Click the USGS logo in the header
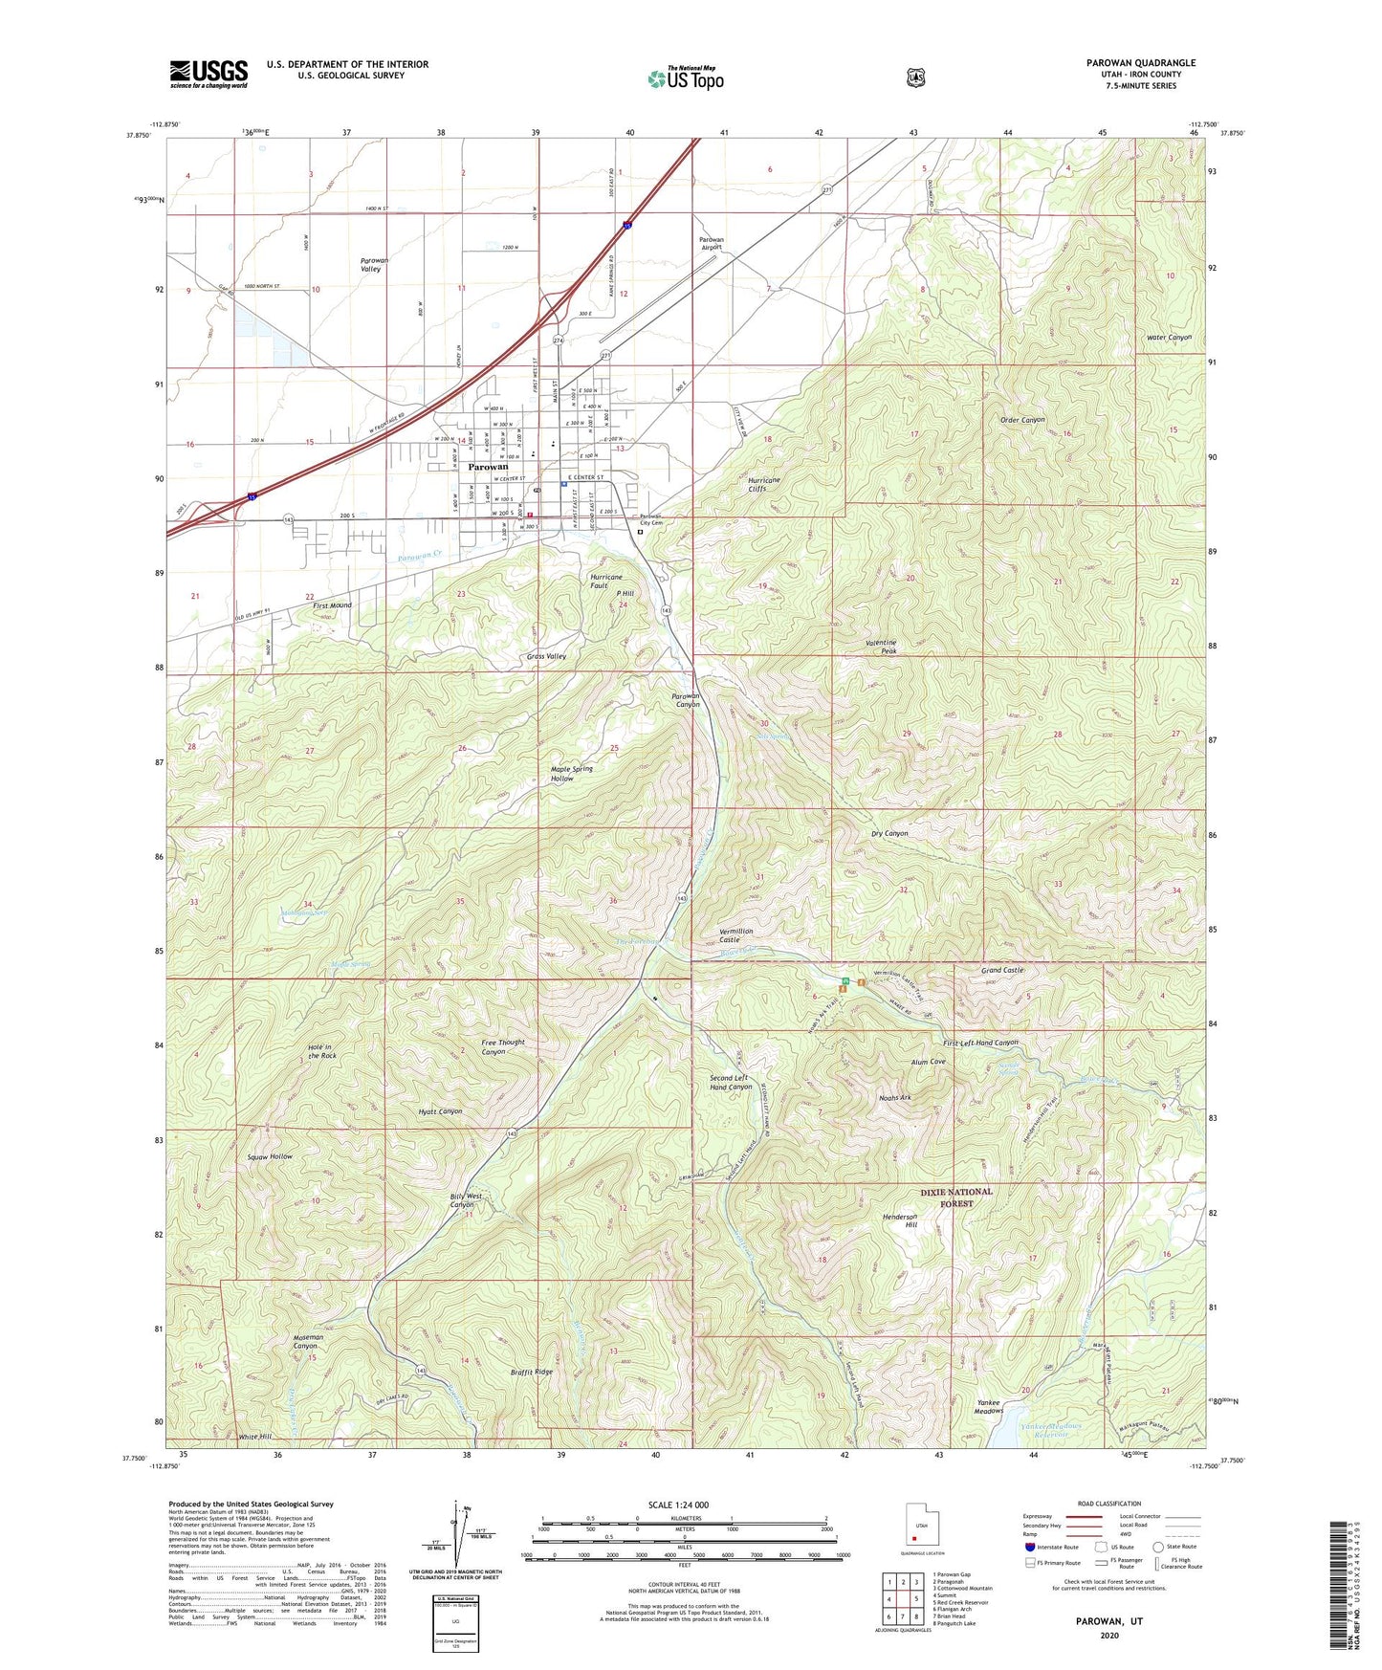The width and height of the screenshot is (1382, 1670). [x=208, y=73]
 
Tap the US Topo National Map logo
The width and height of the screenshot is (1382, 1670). [x=685, y=77]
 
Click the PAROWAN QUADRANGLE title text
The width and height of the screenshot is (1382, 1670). [x=1140, y=63]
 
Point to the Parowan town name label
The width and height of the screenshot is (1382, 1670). [x=488, y=467]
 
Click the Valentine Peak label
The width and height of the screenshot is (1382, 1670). [x=881, y=647]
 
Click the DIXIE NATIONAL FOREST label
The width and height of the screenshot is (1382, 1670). [x=956, y=1198]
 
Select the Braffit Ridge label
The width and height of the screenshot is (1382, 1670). [x=531, y=1372]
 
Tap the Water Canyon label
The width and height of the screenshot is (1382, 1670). [x=1169, y=338]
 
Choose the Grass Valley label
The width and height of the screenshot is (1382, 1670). [x=546, y=656]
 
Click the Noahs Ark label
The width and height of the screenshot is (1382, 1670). [x=894, y=1098]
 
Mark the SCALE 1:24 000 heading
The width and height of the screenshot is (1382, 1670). [x=678, y=1505]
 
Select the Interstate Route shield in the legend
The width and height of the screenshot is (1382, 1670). [x=1029, y=1547]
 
